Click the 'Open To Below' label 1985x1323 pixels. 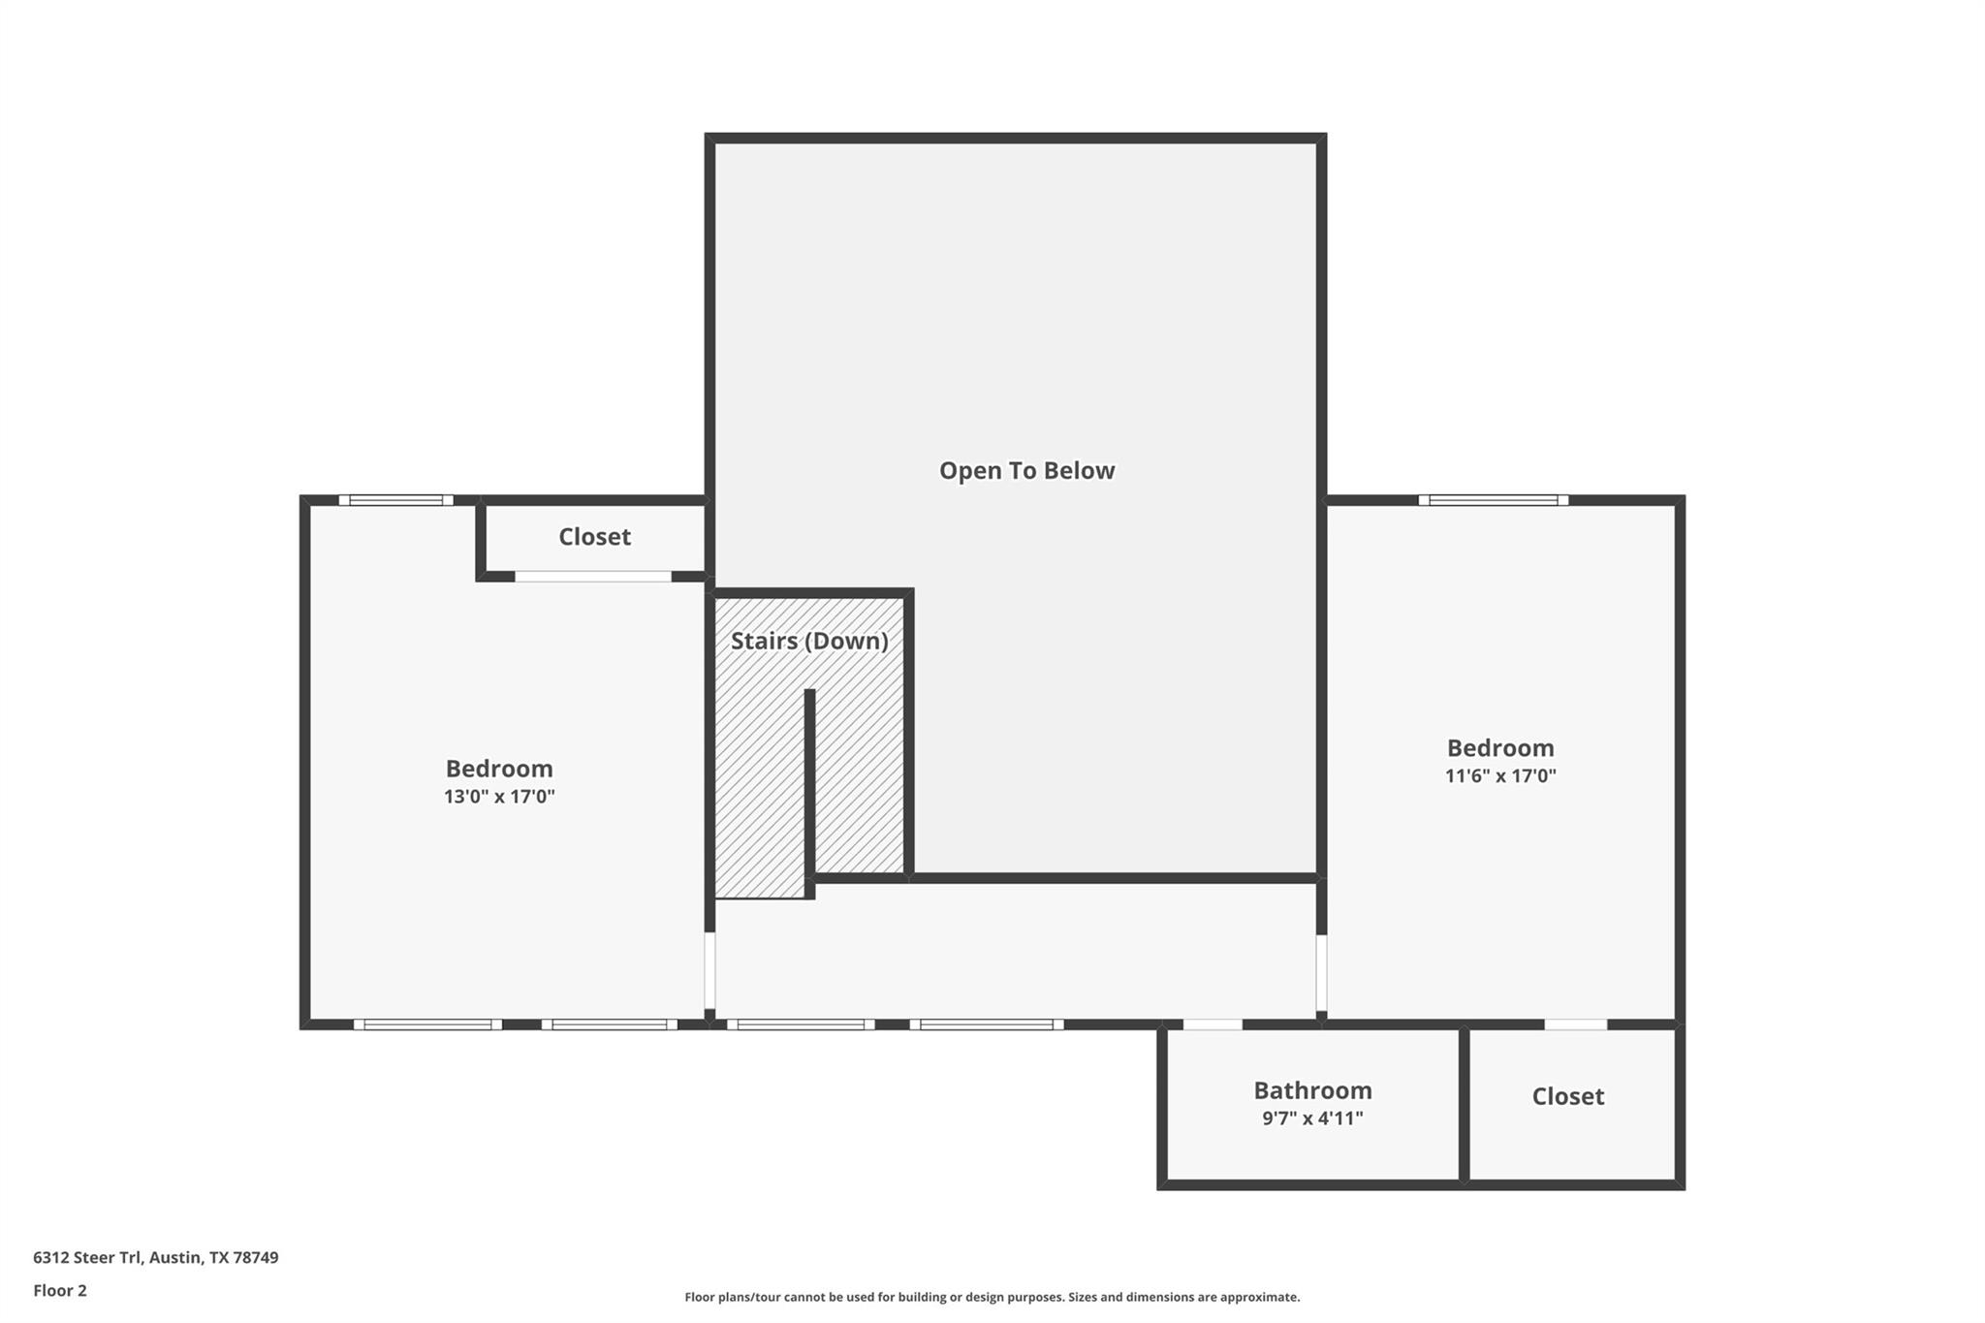[x=1026, y=471]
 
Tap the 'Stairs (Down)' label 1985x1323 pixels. [x=809, y=641]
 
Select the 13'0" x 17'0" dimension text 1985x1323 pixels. [x=499, y=797]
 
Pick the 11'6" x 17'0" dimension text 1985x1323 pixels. [x=1500, y=775]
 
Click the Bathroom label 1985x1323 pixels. [x=1312, y=1090]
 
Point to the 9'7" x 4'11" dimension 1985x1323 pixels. [x=1312, y=1118]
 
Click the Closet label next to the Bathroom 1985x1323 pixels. [x=1567, y=1096]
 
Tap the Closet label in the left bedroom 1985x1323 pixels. [x=594, y=537]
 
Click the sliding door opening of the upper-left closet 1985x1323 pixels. [x=592, y=577]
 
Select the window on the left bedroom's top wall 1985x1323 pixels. [x=395, y=500]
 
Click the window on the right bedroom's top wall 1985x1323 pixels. [x=1493, y=500]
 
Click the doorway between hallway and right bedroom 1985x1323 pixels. [x=1321, y=973]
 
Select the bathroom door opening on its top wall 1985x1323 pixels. [x=1213, y=1024]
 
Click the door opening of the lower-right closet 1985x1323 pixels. [x=1575, y=1024]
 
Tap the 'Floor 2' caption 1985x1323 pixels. [x=60, y=1291]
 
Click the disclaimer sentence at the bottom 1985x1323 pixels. [x=992, y=1297]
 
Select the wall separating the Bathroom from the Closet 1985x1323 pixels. [x=1464, y=1105]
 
